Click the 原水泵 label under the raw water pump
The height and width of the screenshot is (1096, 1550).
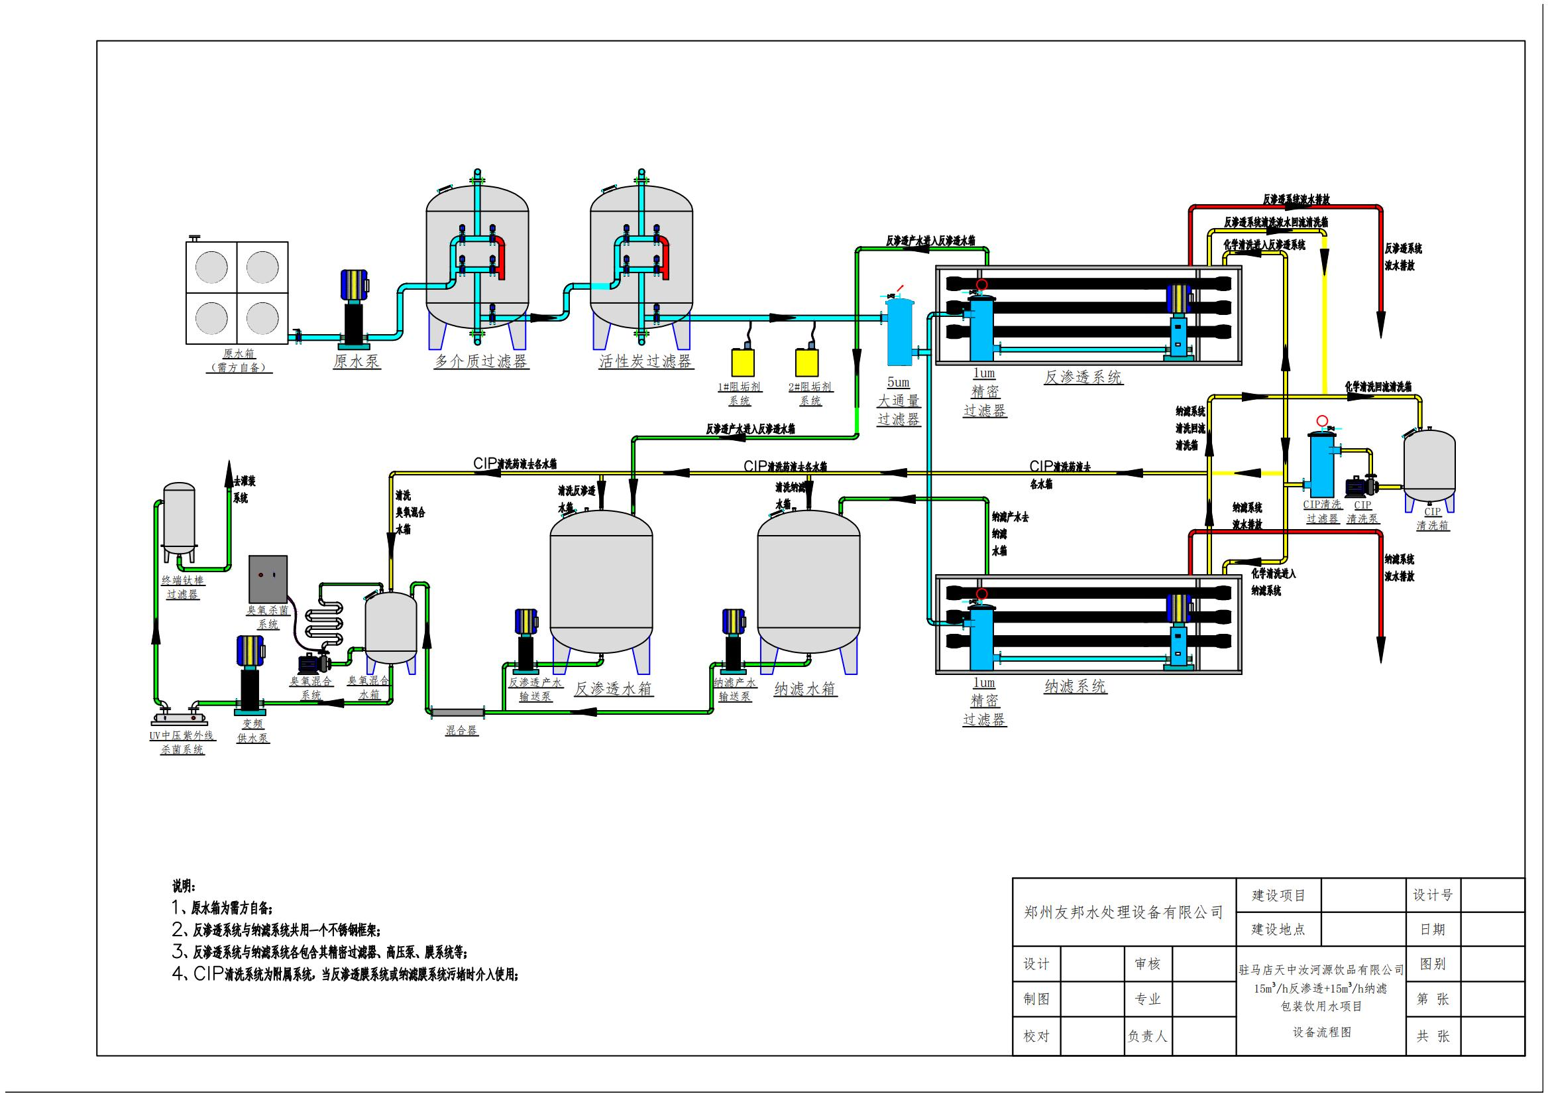pos(357,361)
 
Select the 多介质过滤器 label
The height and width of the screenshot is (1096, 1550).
pos(480,361)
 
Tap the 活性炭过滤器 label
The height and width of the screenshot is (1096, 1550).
pos(645,361)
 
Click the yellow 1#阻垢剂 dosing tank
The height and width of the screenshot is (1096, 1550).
pos(743,361)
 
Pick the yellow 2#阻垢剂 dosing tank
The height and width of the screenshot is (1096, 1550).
pos(806,361)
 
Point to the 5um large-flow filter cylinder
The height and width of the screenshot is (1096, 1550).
pos(899,331)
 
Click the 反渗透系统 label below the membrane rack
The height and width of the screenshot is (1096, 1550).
pos(1082,377)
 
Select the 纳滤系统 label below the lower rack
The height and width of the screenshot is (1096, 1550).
pos(1075,687)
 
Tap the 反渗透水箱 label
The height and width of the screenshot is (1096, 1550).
pos(613,689)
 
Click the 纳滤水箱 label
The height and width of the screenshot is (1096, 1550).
pos(804,689)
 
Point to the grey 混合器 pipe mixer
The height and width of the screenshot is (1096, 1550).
pos(458,711)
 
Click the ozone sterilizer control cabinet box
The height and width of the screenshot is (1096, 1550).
pos(268,579)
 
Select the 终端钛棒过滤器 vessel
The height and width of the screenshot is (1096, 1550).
pos(180,517)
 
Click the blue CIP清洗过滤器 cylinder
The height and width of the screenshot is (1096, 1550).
pos(1321,463)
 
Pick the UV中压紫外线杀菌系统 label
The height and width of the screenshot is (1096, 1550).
pos(182,742)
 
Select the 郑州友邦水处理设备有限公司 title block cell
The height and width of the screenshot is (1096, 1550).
pos(1123,912)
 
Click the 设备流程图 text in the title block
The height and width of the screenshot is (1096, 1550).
pos(1322,1032)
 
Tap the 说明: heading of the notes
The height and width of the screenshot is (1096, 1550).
pos(183,886)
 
